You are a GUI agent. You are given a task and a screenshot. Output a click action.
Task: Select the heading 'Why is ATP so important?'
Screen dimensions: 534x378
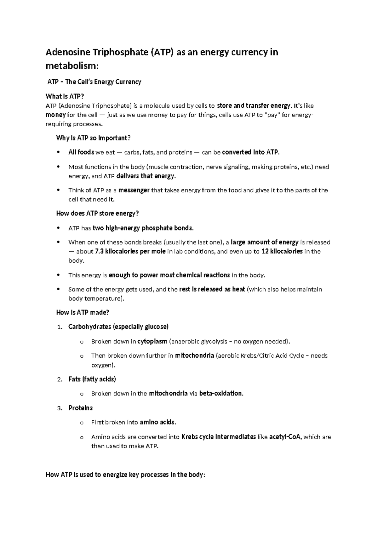pyautogui.click(x=93, y=138)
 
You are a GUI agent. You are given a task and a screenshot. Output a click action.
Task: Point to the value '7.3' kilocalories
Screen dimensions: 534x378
pyautogui.click(x=99, y=252)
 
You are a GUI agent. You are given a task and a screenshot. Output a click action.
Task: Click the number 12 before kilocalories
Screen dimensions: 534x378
pyautogui.click(x=265, y=252)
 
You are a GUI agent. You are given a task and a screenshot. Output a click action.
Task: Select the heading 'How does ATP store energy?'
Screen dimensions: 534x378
pyautogui.click(x=97, y=213)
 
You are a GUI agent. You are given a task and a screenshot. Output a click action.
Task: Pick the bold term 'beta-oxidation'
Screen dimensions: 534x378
pyautogui.click(x=221, y=394)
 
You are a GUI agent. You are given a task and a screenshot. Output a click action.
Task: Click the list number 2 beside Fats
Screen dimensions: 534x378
pyautogui.click(x=60, y=380)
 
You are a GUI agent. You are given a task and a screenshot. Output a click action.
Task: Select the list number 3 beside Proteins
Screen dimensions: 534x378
pyautogui.click(x=60, y=408)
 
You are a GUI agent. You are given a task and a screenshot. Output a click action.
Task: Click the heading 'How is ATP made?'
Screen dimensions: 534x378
pyautogui.click(x=83, y=312)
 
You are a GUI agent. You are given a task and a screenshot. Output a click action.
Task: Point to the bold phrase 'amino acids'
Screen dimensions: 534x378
pyautogui.click(x=157, y=422)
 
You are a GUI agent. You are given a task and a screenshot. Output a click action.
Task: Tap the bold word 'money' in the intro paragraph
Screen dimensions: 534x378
pyautogui.click(x=56, y=115)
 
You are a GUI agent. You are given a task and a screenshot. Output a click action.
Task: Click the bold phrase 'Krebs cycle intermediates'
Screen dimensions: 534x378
pyautogui.click(x=219, y=437)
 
